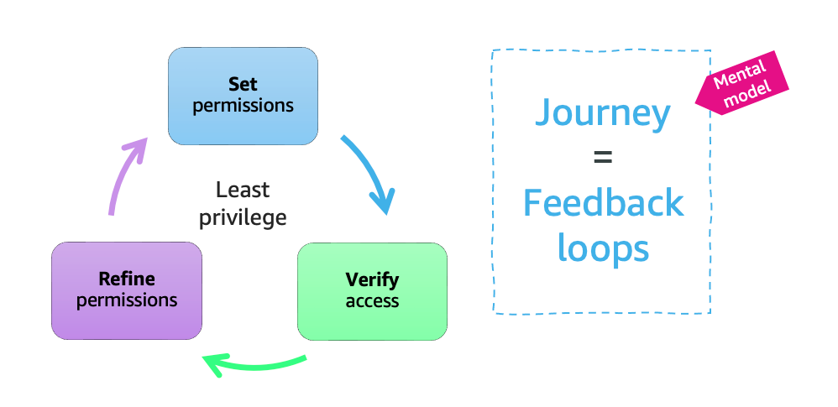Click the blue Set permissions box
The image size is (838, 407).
(243, 96)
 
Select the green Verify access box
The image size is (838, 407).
(372, 290)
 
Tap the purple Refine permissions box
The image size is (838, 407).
(127, 290)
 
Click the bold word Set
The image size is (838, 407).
(243, 85)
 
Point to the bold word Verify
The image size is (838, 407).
(372, 279)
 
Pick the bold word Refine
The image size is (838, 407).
(127, 279)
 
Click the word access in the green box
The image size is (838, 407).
(372, 300)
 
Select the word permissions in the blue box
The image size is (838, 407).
(243, 106)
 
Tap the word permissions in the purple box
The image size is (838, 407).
(127, 300)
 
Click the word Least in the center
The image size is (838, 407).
(243, 190)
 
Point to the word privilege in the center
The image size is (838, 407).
(243, 217)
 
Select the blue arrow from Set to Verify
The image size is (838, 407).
(370, 172)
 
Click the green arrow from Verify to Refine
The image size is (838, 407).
(256, 364)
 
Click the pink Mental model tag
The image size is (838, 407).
(743, 85)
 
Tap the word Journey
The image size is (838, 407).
(603, 112)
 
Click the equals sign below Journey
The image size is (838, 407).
(603, 158)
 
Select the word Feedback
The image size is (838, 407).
(603, 203)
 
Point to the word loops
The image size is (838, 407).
(603, 248)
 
